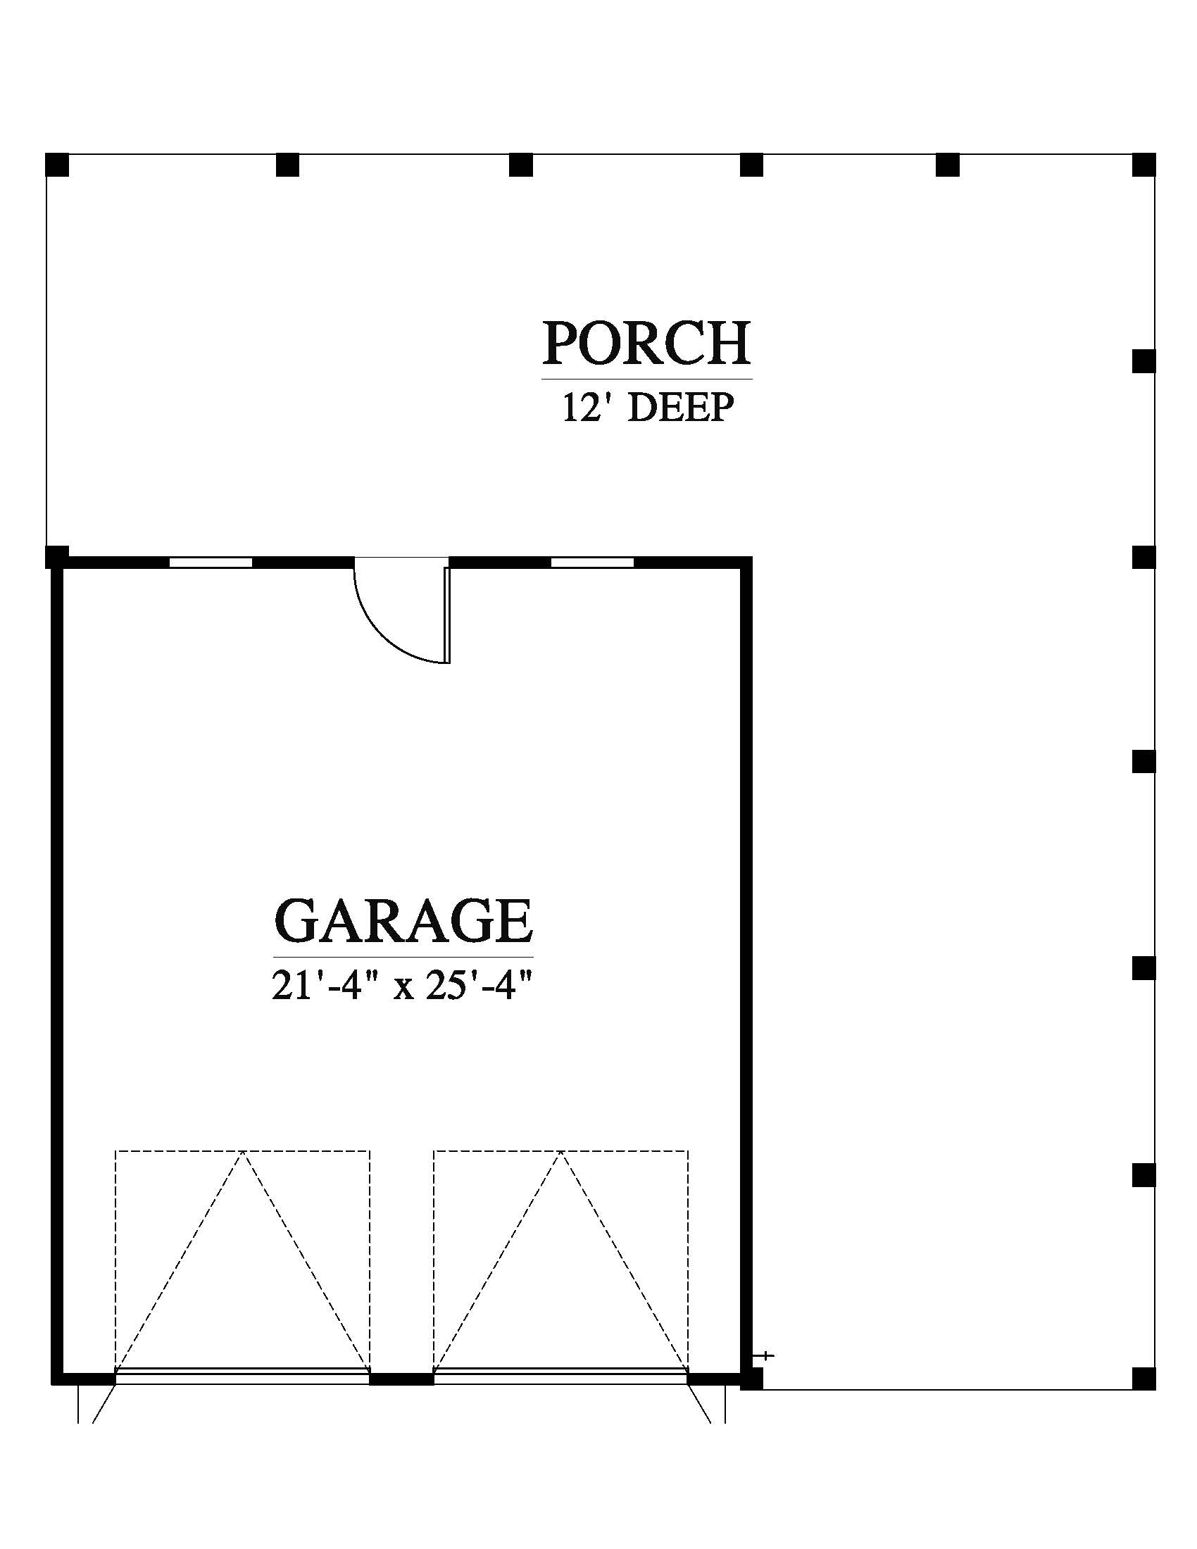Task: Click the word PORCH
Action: click(x=646, y=344)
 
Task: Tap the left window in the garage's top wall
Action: click(x=211, y=563)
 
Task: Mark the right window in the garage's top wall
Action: click(x=592, y=563)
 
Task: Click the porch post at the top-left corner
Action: click(x=58, y=165)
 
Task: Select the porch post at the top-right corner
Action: click(x=1143, y=165)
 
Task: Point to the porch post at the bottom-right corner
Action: click(x=1143, y=1379)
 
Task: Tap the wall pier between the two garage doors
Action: click(x=401, y=1379)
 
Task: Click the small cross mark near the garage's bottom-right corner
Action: click(x=766, y=1356)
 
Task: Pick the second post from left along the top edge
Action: click(x=287, y=165)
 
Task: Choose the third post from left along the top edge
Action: click(x=520, y=165)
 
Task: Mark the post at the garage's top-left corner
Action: click(x=58, y=557)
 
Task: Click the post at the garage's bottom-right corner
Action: click(x=752, y=1379)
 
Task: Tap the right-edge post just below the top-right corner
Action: click(x=1143, y=361)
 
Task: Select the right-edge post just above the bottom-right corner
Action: click(x=1143, y=1174)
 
